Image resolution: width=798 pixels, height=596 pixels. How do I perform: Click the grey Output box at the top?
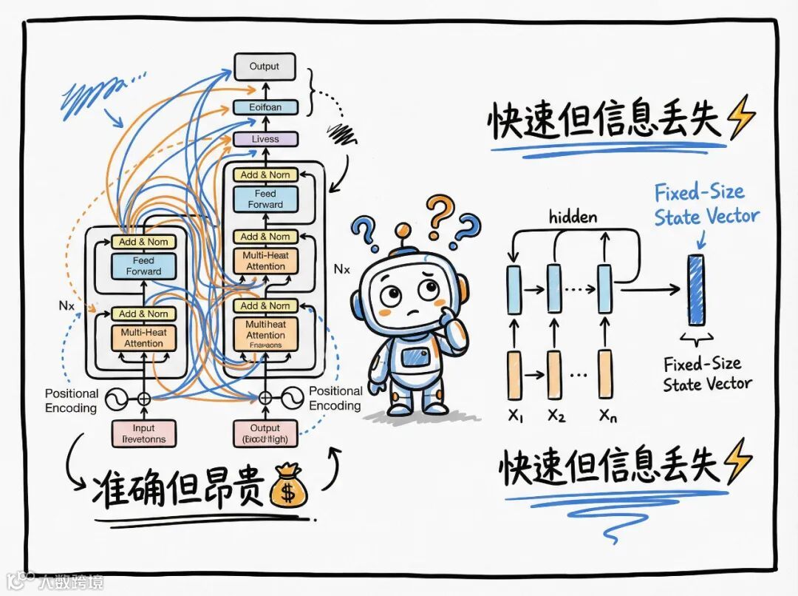click(265, 67)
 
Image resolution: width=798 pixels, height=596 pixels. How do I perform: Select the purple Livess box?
click(265, 138)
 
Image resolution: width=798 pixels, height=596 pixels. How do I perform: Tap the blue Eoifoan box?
click(265, 107)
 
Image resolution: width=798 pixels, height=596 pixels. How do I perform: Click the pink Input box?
click(143, 433)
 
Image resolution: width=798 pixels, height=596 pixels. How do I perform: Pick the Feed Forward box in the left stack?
click(143, 265)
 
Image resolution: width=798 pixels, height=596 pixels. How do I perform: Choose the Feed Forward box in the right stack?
click(265, 199)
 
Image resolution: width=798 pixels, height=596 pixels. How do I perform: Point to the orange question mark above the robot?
click(440, 212)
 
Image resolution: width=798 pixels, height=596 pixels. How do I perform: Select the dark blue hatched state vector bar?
click(695, 289)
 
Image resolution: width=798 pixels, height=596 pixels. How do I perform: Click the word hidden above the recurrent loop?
click(573, 217)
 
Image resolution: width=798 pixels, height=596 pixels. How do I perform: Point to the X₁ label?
click(516, 416)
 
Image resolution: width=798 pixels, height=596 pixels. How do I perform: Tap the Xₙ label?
click(607, 416)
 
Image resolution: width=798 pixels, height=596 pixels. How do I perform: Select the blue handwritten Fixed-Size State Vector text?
click(706, 204)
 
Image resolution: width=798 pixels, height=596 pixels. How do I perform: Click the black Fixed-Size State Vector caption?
click(706, 373)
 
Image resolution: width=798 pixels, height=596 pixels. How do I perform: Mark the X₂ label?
click(556, 416)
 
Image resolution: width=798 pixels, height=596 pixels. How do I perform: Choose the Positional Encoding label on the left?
click(72, 401)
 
